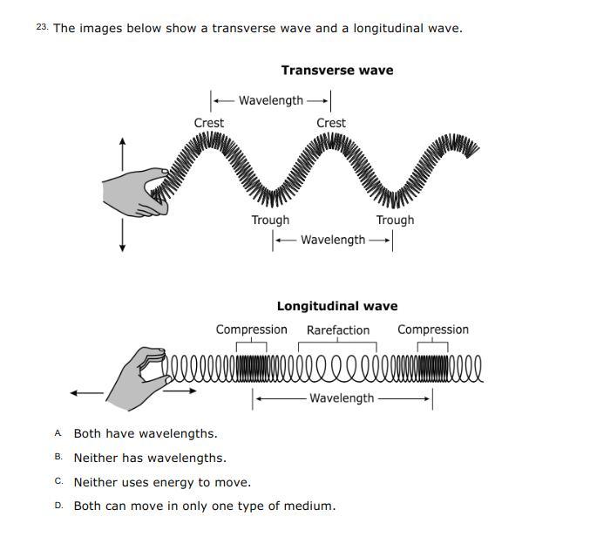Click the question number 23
tap(42, 28)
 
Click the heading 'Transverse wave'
tap(336, 70)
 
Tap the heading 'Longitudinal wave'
tap(336, 306)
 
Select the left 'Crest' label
tap(208, 123)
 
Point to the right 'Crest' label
tap(330, 123)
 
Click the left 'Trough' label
tap(270, 220)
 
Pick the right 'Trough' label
tap(395, 220)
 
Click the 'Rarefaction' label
tap(337, 330)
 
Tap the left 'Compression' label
tap(251, 330)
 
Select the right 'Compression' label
tap(432, 330)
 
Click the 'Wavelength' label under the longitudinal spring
tap(342, 398)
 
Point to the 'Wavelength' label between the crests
tap(270, 100)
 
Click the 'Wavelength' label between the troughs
tap(333, 240)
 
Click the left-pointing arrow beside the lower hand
tap(85, 393)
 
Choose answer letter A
tap(58, 433)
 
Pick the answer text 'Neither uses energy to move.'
tap(162, 482)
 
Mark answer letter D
tap(58, 506)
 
